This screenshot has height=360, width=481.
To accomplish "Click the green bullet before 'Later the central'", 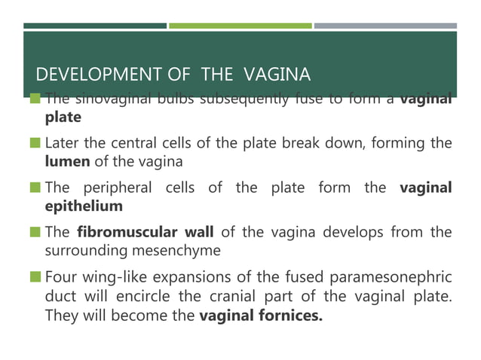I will (x=35, y=142).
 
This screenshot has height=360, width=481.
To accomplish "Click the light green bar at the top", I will (x=240, y=26).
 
